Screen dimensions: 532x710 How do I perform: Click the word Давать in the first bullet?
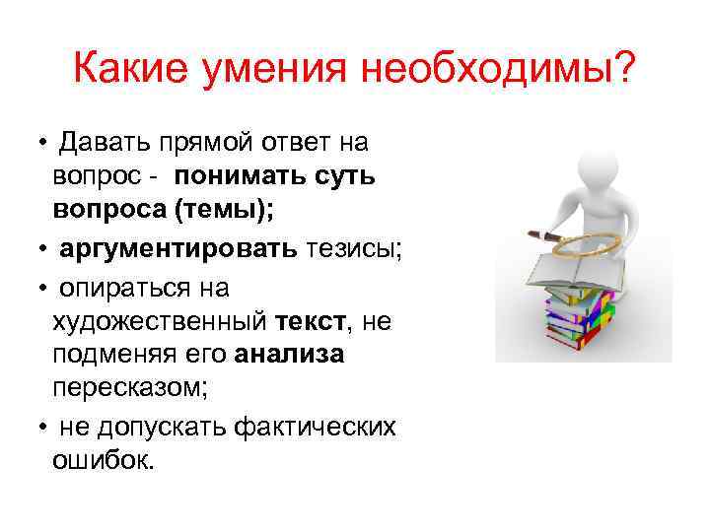click(x=104, y=143)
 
